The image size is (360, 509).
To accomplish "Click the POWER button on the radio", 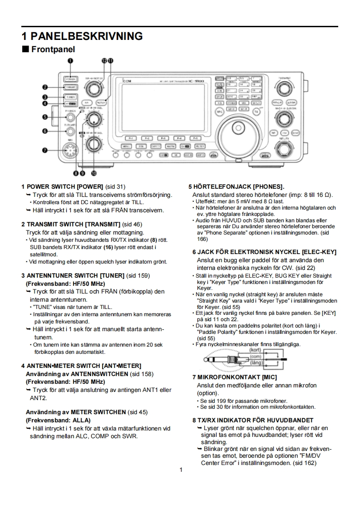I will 70,78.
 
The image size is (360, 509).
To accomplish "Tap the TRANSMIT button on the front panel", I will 70,87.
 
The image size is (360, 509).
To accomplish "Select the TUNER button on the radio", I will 70,97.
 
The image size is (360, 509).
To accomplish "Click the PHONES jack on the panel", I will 70,117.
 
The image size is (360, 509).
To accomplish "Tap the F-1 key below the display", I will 130,137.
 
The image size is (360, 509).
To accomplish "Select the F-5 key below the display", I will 196,137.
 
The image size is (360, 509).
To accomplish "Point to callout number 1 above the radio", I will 70,60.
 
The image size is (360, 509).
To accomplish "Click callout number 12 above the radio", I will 104,60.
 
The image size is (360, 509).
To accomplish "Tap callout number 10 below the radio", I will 94,173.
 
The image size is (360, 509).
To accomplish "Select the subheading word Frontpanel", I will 53,49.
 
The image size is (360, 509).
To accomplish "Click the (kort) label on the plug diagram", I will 255,350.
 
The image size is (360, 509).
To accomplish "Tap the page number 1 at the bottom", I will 180,470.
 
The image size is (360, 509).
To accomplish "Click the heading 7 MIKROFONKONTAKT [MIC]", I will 235,377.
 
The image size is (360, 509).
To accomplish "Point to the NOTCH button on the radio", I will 102,103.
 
